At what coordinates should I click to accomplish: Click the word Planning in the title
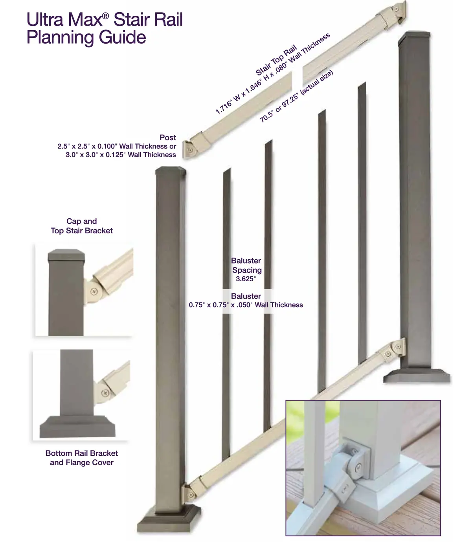click(x=61, y=38)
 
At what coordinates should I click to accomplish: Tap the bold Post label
click(x=168, y=137)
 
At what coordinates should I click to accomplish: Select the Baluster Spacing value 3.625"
click(x=246, y=279)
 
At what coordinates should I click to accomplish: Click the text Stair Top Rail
click(x=276, y=60)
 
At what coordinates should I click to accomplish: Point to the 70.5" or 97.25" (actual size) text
click(x=297, y=96)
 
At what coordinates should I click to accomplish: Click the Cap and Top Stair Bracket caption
click(x=82, y=226)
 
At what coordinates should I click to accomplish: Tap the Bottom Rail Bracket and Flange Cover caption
click(x=82, y=458)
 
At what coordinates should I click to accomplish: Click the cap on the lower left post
click(x=171, y=171)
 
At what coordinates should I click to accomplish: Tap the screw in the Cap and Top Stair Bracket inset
click(x=94, y=291)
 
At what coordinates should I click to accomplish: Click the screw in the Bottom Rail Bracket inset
click(x=105, y=393)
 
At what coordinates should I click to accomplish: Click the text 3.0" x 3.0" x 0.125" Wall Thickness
click(x=121, y=155)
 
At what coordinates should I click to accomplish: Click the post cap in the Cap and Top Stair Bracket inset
click(x=66, y=255)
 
